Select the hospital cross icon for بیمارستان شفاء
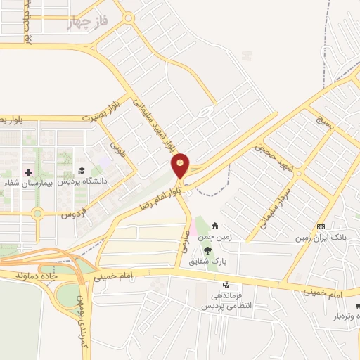[x=28, y=172]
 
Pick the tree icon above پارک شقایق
[x=207, y=250]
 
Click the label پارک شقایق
[x=207, y=261]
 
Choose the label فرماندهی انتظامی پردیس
[x=226, y=302]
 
